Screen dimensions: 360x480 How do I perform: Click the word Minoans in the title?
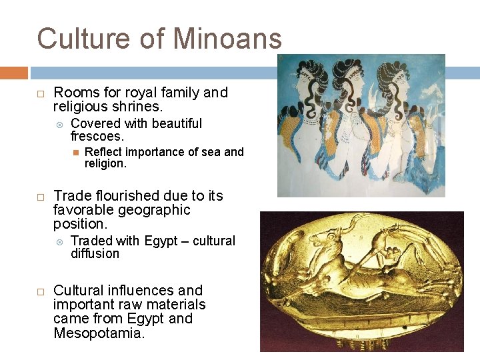229,39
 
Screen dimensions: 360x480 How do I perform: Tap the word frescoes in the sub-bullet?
97,137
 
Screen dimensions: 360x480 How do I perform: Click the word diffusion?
95,254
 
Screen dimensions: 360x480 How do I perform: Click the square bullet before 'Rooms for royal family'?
40,93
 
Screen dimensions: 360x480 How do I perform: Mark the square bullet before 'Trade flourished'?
40,197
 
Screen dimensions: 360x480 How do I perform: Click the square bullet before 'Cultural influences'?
40,291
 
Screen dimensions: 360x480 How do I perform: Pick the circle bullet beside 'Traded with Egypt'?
59,241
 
